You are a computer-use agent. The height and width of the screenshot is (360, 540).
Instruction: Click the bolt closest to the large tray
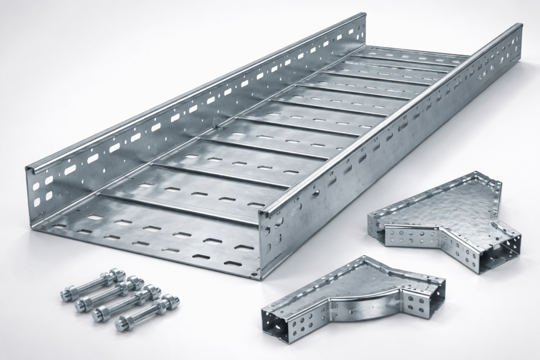(90, 285)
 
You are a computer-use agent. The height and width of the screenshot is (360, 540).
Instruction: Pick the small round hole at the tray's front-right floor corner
(254, 274)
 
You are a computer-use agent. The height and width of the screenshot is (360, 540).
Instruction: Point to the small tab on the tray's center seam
(215, 124)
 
